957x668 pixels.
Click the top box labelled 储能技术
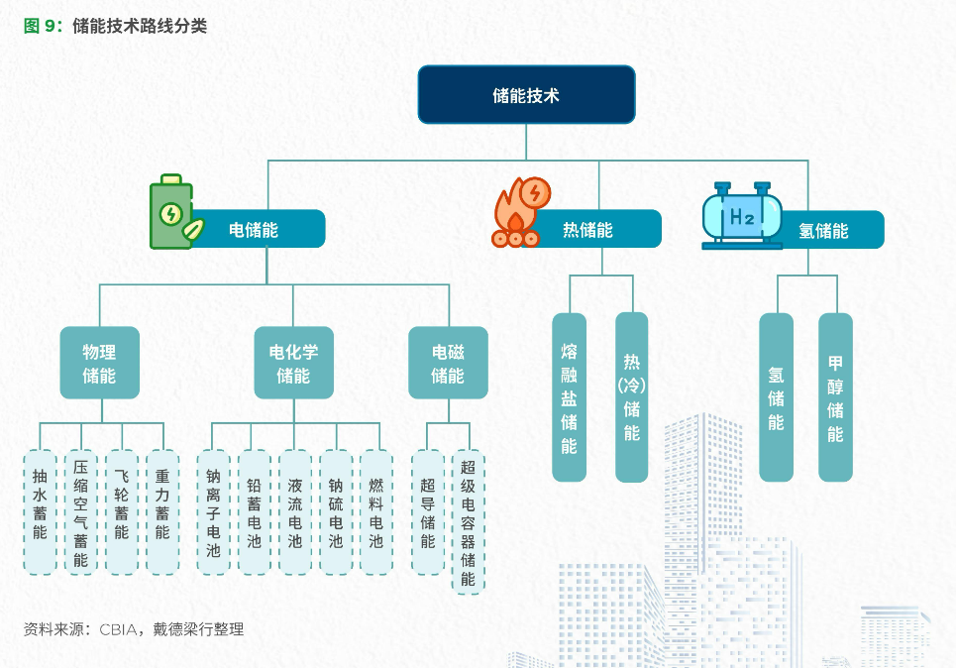(x=526, y=95)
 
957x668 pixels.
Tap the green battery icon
(x=173, y=213)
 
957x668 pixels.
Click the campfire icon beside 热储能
(x=517, y=212)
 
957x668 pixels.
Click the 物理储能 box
(x=99, y=363)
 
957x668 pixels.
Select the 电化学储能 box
(x=293, y=363)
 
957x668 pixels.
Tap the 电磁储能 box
(x=448, y=363)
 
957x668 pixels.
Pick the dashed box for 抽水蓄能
(x=40, y=511)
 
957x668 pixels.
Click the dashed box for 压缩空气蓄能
(x=80, y=511)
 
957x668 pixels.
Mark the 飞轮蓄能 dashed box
(x=121, y=511)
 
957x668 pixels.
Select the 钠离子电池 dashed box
(x=213, y=511)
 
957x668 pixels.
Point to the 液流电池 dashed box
(x=294, y=511)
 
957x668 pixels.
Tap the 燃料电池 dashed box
(x=375, y=511)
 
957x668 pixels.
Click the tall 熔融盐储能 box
(x=569, y=396)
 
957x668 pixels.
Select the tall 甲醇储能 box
(x=835, y=396)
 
